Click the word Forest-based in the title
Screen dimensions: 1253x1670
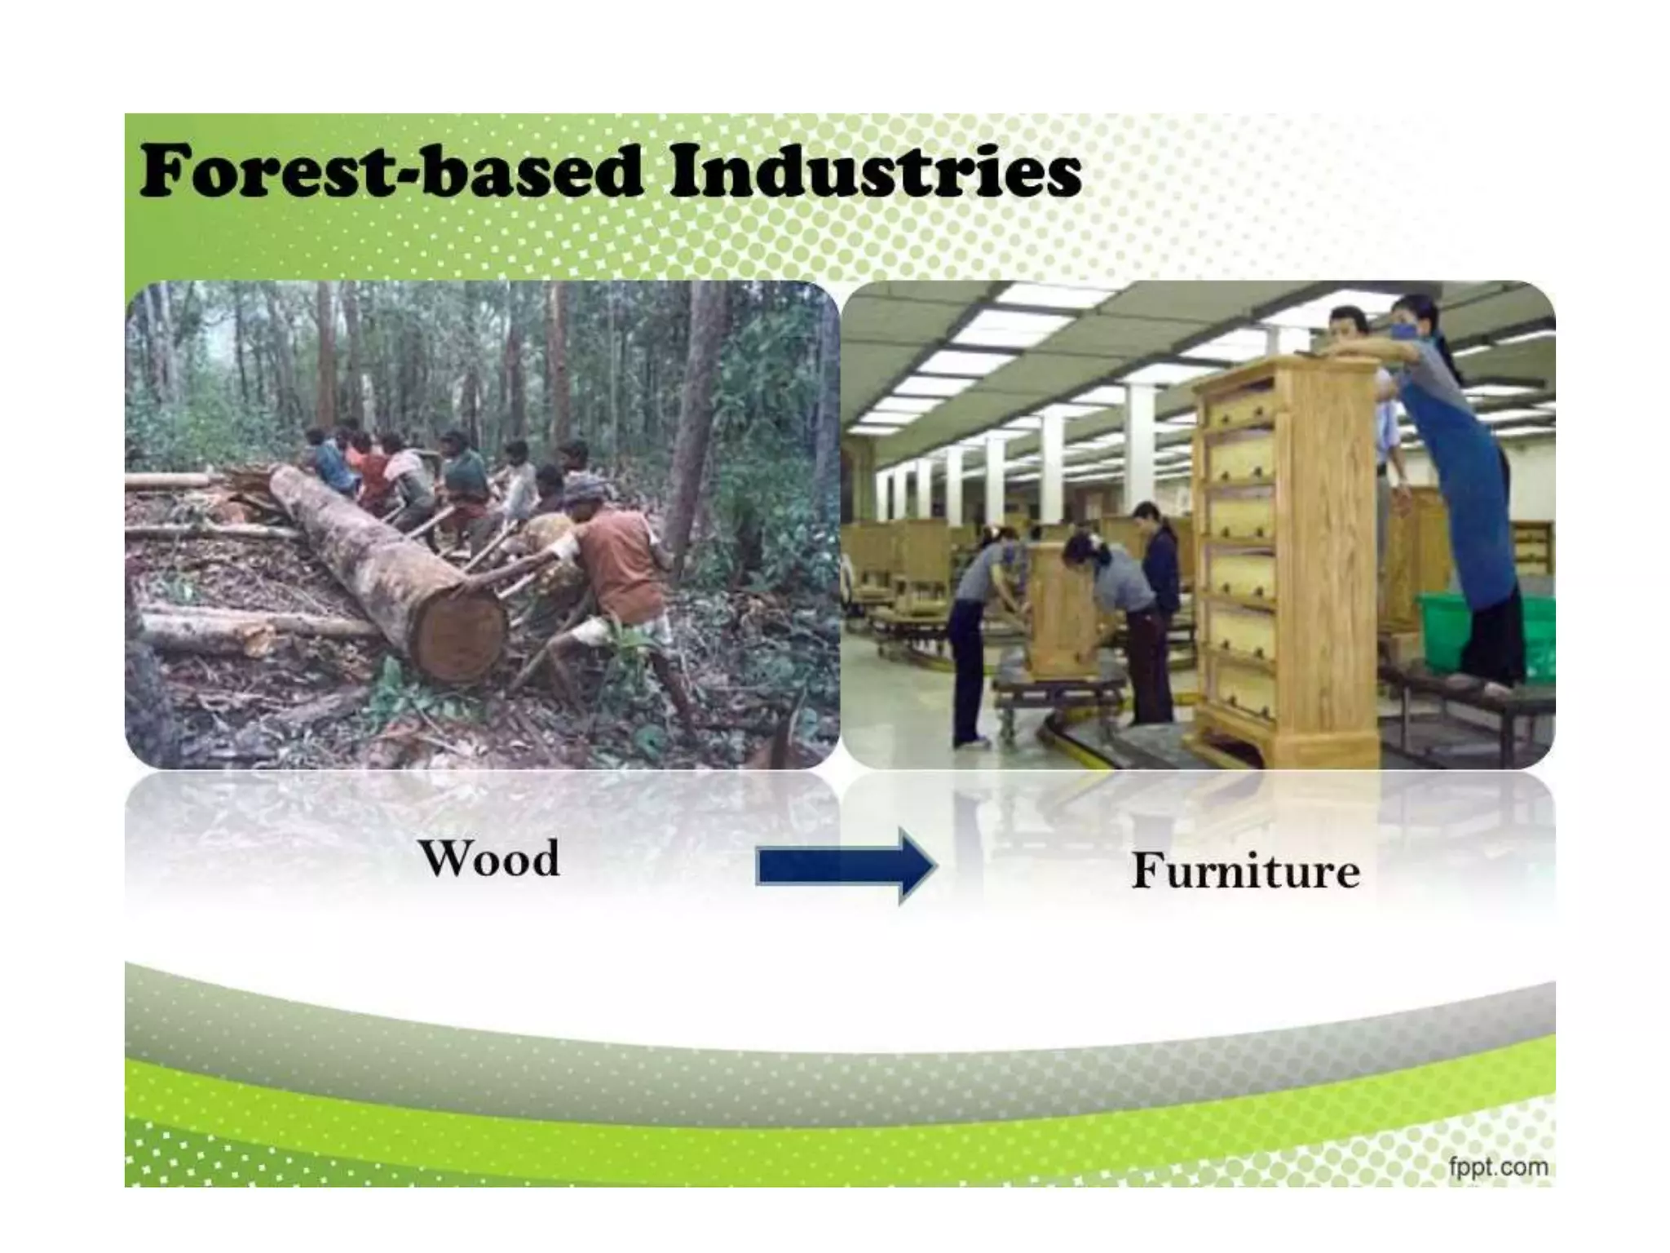[391, 171]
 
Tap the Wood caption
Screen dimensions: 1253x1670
[490, 858]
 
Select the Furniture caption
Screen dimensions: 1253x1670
[1245, 870]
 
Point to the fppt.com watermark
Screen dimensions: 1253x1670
[1499, 1167]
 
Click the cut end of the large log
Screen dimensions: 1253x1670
[461, 636]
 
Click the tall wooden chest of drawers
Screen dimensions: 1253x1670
[1284, 555]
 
